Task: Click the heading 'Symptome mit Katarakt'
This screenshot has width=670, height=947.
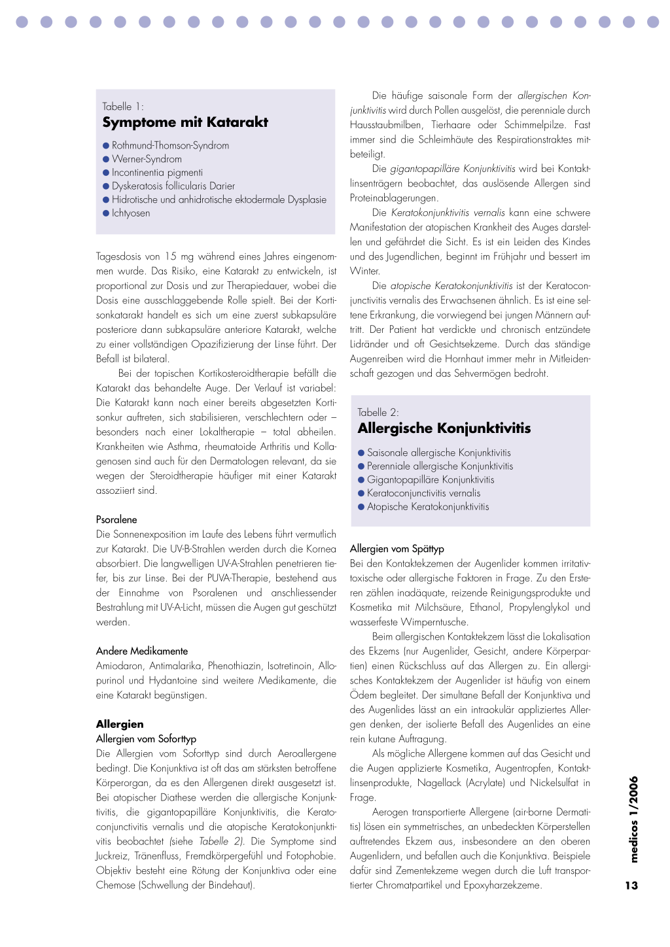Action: point(185,122)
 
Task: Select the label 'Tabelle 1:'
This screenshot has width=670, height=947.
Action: point(123,107)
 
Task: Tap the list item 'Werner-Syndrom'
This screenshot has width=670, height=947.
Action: point(147,159)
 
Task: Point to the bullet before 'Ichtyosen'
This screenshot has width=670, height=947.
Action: point(106,213)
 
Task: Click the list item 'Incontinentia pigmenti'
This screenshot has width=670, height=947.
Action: point(157,173)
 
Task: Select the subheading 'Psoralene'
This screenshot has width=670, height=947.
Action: point(116,520)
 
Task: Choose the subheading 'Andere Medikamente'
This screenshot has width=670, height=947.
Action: point(142,651)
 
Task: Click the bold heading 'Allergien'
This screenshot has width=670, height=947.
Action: point(120,724)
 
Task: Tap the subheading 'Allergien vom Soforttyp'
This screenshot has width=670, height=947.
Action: point(146,739)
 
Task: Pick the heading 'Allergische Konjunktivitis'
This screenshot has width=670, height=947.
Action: point(444,428)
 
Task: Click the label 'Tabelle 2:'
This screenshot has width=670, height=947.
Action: point(378,413)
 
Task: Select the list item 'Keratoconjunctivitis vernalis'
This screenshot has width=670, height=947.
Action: point(423,493)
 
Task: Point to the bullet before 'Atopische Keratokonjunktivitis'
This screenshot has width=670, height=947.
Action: point(361,507)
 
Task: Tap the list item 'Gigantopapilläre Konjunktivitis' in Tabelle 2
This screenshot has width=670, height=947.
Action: point(431,479)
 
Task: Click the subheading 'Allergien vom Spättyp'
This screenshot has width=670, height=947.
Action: point(397,549)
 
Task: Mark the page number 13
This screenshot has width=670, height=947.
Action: point(631,886)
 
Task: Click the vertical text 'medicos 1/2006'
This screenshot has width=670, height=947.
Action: point(633,819)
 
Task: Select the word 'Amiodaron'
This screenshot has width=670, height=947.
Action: point(118,666)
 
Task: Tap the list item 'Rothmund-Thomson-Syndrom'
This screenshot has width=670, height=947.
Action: point(170,145)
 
